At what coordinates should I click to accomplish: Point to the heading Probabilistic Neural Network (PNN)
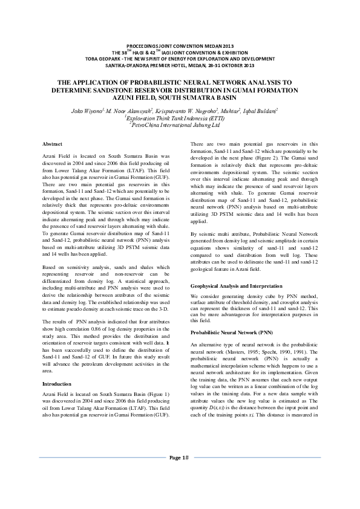point(223,332)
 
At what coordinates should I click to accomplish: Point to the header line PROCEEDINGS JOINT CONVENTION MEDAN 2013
point(180,47)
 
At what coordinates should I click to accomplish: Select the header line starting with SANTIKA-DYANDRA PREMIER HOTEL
point(180,66)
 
